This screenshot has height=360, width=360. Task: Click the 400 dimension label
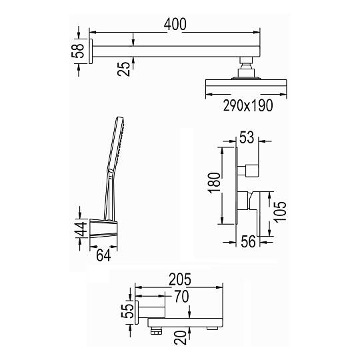coord(175,25)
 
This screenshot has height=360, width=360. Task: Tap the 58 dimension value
coord(78,51)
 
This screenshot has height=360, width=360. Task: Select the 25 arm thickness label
coord(124,69)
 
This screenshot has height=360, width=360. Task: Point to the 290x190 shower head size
coord(248,105)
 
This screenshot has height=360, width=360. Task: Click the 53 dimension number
coord(247,137)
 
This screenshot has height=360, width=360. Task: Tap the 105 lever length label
coord(280,212)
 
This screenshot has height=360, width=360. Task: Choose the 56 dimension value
coord(248,241)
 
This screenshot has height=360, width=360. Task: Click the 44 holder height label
coord(82,229)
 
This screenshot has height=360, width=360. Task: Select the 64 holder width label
coord(103,255)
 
